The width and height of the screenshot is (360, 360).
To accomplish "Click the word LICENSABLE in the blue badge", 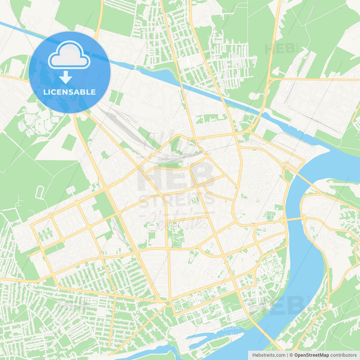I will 69,92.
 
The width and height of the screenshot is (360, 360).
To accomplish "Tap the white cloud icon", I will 69,55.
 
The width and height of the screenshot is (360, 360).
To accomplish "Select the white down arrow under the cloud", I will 66,77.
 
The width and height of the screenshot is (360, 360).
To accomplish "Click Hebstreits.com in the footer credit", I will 269,355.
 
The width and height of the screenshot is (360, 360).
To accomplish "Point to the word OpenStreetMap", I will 311,355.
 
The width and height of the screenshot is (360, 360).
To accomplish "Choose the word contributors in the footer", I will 343,355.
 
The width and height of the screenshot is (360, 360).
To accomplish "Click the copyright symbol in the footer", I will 291,355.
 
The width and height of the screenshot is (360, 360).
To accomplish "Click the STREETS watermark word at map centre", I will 177,200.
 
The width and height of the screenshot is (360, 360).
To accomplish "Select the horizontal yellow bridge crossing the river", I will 292,219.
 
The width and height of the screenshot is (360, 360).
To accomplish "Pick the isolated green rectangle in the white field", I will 69,142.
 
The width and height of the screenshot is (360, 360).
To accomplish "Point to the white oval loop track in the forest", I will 39,193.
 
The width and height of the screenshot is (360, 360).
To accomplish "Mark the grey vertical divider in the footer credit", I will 287,355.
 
